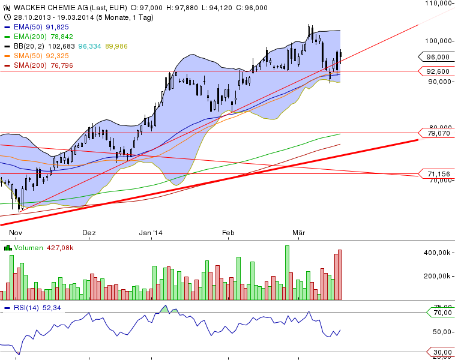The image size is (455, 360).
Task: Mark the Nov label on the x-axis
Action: (16, 232)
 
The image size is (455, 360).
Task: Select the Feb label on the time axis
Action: (227, 232)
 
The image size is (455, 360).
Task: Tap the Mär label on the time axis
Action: (299, 232)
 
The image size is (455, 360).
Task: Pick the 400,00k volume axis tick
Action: (438, 253)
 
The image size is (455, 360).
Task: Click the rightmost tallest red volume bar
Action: (340, 275)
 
